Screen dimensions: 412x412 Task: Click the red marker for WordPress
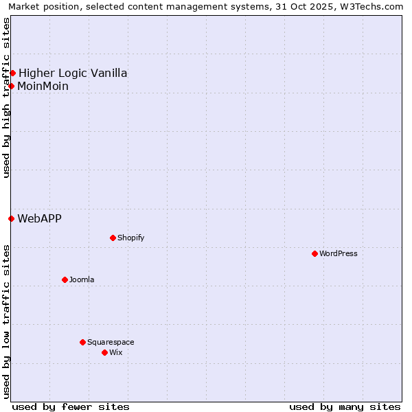click(314, 253)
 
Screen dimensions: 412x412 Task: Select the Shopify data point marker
click(113, 238)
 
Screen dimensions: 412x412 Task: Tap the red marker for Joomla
click(65, 279)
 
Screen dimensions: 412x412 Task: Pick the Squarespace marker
click(82, 342)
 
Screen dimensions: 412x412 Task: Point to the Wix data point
click(104, 352)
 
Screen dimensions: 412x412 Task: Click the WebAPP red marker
click(11, 218)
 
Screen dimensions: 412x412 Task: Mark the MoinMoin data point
click(11, 86)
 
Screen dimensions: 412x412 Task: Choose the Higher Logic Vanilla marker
click(12, 73)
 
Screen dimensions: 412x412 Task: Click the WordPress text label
click(339, 253)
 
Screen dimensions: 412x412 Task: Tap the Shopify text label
click(130, 238)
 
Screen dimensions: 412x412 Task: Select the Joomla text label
click(82, 279)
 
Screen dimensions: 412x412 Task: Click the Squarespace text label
click(111, 342)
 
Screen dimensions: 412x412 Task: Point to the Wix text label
click(116, 352)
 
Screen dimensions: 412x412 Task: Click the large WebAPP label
click(39, 218)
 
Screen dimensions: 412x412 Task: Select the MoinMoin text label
click(43, 86)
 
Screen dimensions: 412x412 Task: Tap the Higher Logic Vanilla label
click(73, 73)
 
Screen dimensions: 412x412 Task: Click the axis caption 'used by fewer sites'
click(71, 407)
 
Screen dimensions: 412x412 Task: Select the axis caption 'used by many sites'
click(345, 407)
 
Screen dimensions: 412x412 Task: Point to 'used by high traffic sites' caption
click(7, 98)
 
